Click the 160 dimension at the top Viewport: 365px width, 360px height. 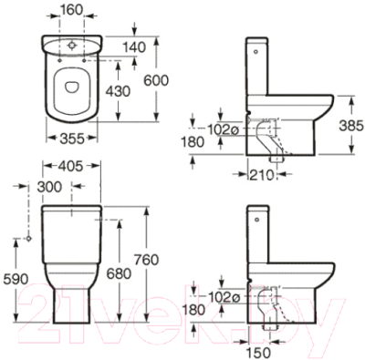71,10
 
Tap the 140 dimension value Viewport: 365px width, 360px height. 134,47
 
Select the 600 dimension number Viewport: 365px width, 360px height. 156,81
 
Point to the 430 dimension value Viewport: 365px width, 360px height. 118,91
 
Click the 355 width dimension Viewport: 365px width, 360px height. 72,139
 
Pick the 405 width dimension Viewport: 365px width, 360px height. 70,166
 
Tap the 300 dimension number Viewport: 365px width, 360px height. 49,187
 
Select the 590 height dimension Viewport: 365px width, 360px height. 16,279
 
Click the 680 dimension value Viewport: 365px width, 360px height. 119,273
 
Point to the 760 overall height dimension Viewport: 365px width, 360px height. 146,260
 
